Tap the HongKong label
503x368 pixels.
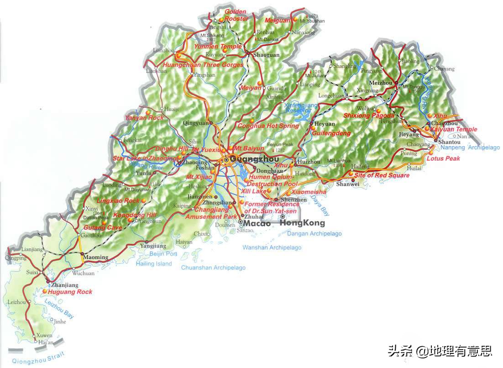[x=302, y=223]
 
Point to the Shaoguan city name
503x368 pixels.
[x=266, y=55]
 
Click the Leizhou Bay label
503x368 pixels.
[x=59, y=308]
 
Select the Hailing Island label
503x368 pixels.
[x=154, y=263]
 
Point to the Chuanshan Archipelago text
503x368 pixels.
[x=213, y=268]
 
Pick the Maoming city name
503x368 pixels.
[x=95, y=257]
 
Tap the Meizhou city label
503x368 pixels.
[x=381, y=83]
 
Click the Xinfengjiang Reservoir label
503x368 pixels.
[x=298, y=108]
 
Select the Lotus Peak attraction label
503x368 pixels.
[x=443, y=158]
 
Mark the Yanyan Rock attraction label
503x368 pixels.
[x=144, y=118]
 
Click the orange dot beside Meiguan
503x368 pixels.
[x=295, y=19]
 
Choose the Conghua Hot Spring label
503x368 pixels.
[x=268, y=126]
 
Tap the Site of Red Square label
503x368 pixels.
[x=382, y=175]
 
